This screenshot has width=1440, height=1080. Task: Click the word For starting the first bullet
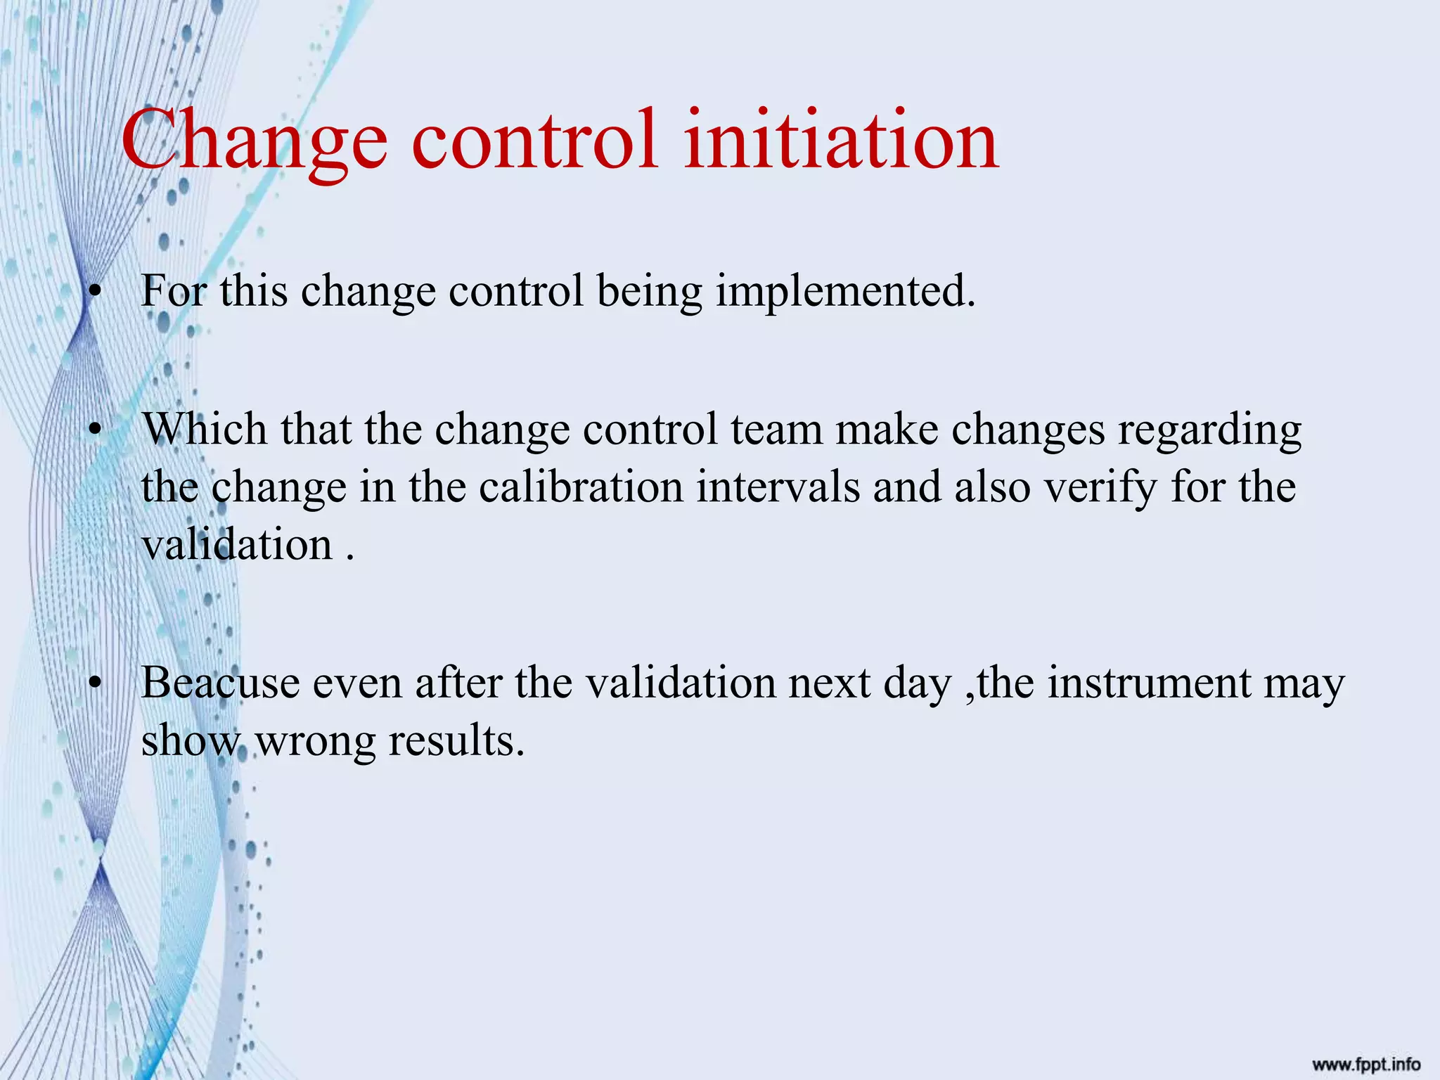pos(173,290)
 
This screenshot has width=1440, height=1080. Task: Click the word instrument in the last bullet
pos(1149,683)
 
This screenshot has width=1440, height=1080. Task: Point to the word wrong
pos(315,741)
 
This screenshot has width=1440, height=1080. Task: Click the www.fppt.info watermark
pos(1365,1065)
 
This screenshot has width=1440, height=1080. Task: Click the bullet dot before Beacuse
pos(96,683)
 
